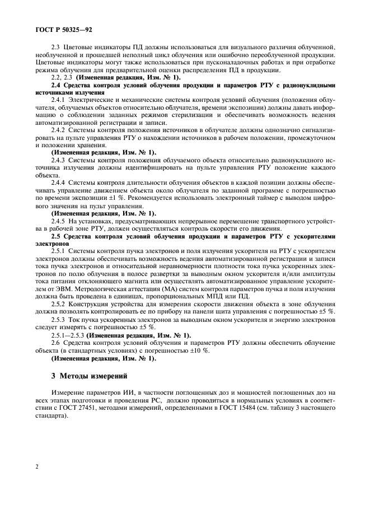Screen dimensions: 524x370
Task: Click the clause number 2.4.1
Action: (x=59, y=99)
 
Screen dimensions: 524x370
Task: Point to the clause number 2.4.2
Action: (x=59, y=129)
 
